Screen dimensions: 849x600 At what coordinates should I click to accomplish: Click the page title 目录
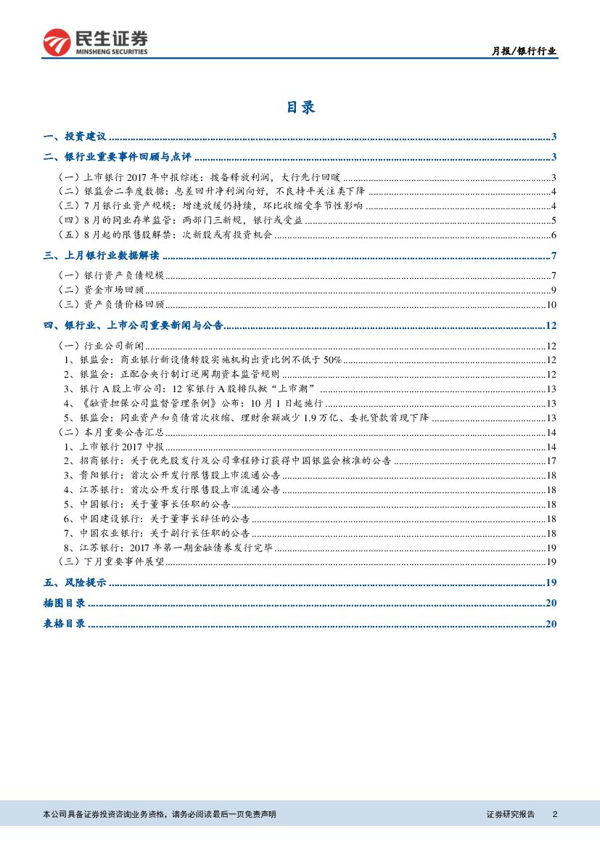click(300, 107)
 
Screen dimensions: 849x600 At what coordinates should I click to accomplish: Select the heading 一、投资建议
click(75, 137)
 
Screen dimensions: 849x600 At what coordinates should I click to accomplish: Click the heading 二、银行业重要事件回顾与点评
click(117, 157)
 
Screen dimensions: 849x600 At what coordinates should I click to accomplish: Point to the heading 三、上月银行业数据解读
click(101, 256)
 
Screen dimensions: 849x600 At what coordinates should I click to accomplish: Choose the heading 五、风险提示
click(75, 582)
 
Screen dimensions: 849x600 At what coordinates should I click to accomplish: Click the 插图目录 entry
click(64, 603)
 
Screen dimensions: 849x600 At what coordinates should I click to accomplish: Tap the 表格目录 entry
click(64, 623)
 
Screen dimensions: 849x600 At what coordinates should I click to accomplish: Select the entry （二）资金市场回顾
click(95, 291)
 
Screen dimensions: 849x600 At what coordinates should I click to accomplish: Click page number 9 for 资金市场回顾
click(553, 291)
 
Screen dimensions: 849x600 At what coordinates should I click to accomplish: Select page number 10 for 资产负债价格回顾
click(551, 305)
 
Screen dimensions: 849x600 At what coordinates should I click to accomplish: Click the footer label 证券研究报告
click(510, 815)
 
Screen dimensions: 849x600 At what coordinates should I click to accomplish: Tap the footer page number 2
click(554, 815)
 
